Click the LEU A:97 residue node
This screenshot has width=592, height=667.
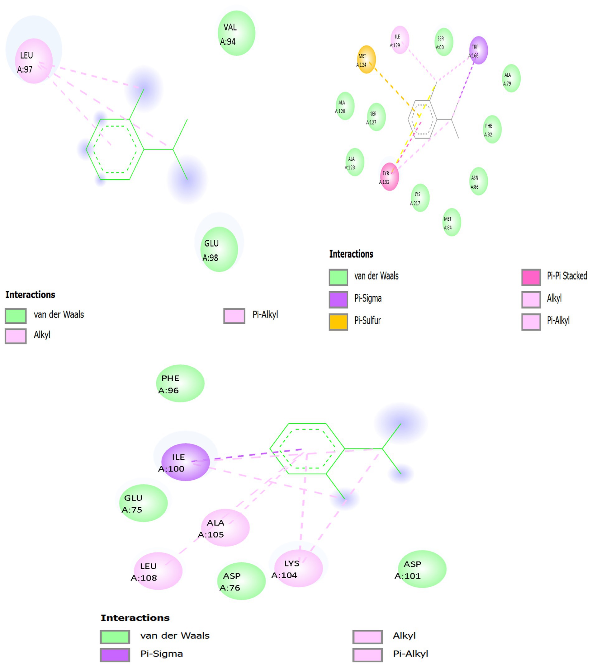(x=34, y=61)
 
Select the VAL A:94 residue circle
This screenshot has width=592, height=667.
(x=236, y=33)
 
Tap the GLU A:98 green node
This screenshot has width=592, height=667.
(x=219, y=249)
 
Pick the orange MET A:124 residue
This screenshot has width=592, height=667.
(x=366, y=59)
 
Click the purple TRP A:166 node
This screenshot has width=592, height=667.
(x=478, y=50)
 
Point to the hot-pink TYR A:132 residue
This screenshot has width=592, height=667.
(x=389, y=176)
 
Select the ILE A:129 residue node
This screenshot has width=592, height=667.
(x=400, y=40)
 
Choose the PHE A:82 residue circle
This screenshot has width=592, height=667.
(x=492, y=129)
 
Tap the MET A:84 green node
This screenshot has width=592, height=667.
(x=452, y=222)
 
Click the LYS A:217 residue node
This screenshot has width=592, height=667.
(x=420, y=198)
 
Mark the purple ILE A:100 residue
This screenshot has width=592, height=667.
(x=186, y=462)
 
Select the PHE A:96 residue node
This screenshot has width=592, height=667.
(x=180, y=383)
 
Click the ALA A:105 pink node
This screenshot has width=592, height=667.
(x=225, y=528)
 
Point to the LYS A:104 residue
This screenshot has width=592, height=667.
(x=298, y=568)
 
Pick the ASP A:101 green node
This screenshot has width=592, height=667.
(x=422, y=569)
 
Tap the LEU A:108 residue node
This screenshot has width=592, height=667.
(x=158, y=571)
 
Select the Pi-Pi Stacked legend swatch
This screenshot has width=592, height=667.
(x=531, y=277)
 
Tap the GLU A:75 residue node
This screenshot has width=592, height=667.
(x=143, y=503)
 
